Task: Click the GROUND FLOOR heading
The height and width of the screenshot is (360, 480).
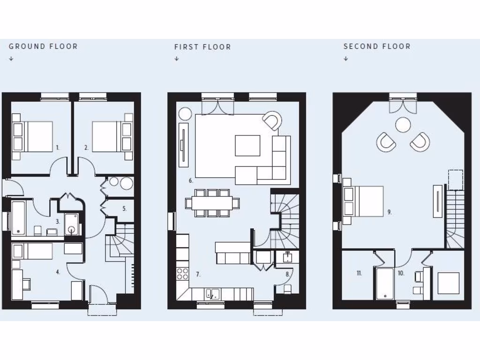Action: [43, 46]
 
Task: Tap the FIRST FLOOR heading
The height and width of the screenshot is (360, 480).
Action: [202, 47]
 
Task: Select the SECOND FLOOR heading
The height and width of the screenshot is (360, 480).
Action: [377, 46]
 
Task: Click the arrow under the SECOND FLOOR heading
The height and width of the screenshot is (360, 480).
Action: [346, 59]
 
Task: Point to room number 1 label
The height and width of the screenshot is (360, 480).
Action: [58, 147]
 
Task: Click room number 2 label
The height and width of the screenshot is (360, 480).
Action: [86, 147]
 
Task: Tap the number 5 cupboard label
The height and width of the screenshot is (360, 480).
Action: [124, 209]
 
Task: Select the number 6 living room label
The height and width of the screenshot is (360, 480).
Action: [191, 180]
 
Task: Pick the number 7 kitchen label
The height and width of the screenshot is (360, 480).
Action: [198, 274]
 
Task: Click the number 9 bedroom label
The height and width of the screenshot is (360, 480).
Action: [390, 212]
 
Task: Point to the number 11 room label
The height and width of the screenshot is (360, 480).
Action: [359, 273]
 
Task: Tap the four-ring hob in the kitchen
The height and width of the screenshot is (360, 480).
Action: [182, 274]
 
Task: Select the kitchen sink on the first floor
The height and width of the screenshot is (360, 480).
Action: [212, 294]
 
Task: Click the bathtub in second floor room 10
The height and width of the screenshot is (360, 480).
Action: [384, 283]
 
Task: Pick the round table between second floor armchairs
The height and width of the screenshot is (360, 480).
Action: [403, 125]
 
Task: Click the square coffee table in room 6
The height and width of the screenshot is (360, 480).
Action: [247, 145]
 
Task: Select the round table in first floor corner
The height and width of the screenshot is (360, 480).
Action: [185, 114]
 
